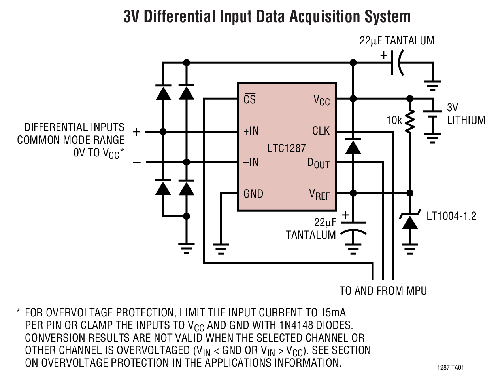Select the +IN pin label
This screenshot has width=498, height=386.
251,131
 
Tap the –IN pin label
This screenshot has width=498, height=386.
251,162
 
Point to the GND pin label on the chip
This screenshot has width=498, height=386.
253,194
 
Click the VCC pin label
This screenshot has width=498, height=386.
321,100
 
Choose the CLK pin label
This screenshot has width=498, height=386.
321,131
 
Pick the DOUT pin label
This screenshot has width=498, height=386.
318,163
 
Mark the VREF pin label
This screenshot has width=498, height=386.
319,194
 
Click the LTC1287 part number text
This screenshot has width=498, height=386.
287,148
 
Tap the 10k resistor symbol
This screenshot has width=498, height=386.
410,120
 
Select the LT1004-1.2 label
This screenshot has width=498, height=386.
451,216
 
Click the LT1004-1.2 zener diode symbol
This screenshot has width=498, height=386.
410,222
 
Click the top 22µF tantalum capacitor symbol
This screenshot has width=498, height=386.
397,63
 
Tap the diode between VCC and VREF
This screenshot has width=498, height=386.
353,146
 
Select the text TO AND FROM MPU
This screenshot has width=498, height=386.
383,291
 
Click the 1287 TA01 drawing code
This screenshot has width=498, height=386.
451,368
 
